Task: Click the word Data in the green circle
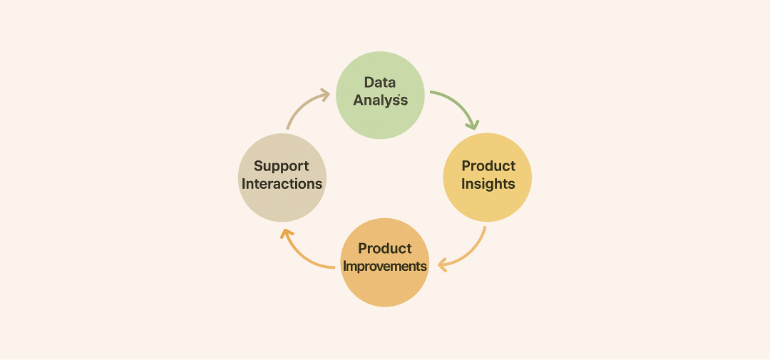380,82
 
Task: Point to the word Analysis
381,100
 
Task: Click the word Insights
488,184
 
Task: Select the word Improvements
385,266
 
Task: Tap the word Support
282,166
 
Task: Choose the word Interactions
282,184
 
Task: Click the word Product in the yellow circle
488,166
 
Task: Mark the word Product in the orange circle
385,248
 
